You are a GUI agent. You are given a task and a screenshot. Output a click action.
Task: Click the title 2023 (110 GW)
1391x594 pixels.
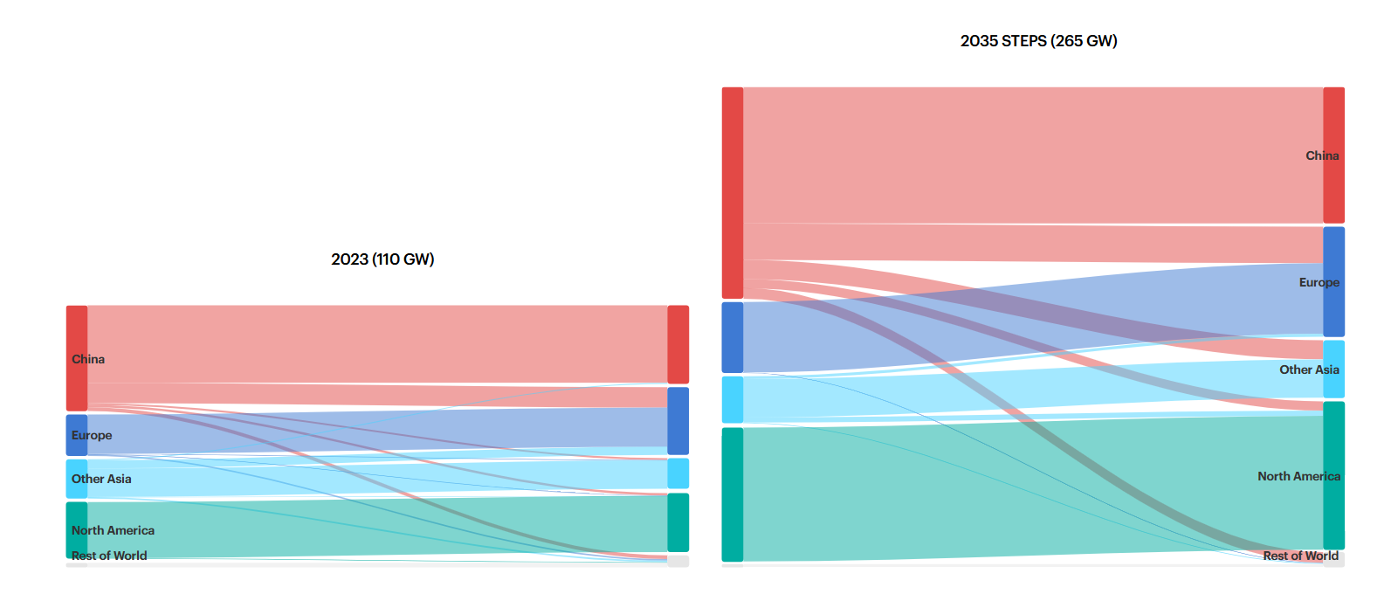pos(382,259)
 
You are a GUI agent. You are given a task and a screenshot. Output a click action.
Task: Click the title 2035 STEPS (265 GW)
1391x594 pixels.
pos(1038,41)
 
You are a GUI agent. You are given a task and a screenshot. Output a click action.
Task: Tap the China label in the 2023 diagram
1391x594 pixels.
pos(88,359)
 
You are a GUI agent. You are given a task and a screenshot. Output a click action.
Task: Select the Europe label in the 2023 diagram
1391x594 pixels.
pos(92,435)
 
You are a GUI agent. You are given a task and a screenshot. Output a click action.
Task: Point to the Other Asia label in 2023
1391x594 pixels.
pos(101,479)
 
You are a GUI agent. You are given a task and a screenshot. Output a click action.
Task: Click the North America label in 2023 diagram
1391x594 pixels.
pos(113,530)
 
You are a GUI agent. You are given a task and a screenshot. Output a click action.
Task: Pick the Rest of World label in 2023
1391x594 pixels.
pos(109,556)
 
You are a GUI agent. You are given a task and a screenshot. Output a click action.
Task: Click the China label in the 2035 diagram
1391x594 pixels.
pos(1321,155)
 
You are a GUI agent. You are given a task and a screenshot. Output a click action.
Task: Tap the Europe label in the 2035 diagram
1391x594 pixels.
pos(1319,282)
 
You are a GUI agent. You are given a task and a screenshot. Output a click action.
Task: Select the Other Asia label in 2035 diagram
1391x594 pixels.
pos(1309,370)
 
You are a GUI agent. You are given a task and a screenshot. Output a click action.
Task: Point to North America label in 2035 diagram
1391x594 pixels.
pos(1298,476)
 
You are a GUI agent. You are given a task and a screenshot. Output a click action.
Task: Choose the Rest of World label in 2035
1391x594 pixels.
pos(1300,556)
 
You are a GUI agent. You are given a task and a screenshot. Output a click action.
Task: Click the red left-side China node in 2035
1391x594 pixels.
pos(733,192)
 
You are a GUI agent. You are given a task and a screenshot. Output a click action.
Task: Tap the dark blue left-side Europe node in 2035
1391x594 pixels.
pos(733,337)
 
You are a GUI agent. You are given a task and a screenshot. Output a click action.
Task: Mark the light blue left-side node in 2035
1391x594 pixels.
pos(733,399)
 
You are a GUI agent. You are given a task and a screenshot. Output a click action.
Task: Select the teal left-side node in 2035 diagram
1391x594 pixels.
pos(733,494)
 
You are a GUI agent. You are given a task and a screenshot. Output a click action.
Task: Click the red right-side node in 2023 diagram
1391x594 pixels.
pos(678,344)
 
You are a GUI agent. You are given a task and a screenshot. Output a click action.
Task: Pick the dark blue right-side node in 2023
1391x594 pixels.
pos(678,421)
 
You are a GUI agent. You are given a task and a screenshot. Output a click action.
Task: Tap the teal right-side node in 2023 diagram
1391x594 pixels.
pos(678,522)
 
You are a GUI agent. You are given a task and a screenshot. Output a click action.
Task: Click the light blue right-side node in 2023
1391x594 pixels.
pos(678,473)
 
